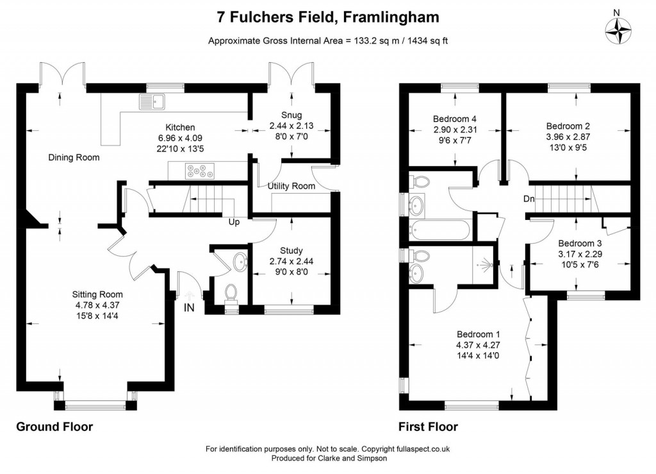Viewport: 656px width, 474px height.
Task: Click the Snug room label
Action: pyautogui.click(x=291, y=115)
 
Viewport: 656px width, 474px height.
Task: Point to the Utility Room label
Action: pyautogui.click(x=291, y=187)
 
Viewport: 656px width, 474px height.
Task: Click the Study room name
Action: pyautogui.click(x=291, y=250)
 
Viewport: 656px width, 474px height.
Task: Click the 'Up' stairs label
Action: pyautogui.click(x=234, y=223)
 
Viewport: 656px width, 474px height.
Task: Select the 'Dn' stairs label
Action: pyautogui.click(x=529, y=199)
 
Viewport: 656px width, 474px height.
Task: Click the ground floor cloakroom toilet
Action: pyautogui.click(x=231, y=292)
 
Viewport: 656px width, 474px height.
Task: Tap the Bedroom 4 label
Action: pyautogui.click(x=454, y=119)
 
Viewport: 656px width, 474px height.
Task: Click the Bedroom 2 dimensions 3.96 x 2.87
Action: pyautogui.click(x=568, y=138)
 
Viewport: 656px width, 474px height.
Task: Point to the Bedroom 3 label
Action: pyautogui.click(x=579, y=244)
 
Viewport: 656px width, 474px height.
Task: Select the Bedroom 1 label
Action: pyautogui.click(x=478, y=334)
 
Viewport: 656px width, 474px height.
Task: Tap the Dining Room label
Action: pyautogui.click(x=74, y=157)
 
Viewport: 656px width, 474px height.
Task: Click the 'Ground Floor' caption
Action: pyautogui.click(x=54, y=427)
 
